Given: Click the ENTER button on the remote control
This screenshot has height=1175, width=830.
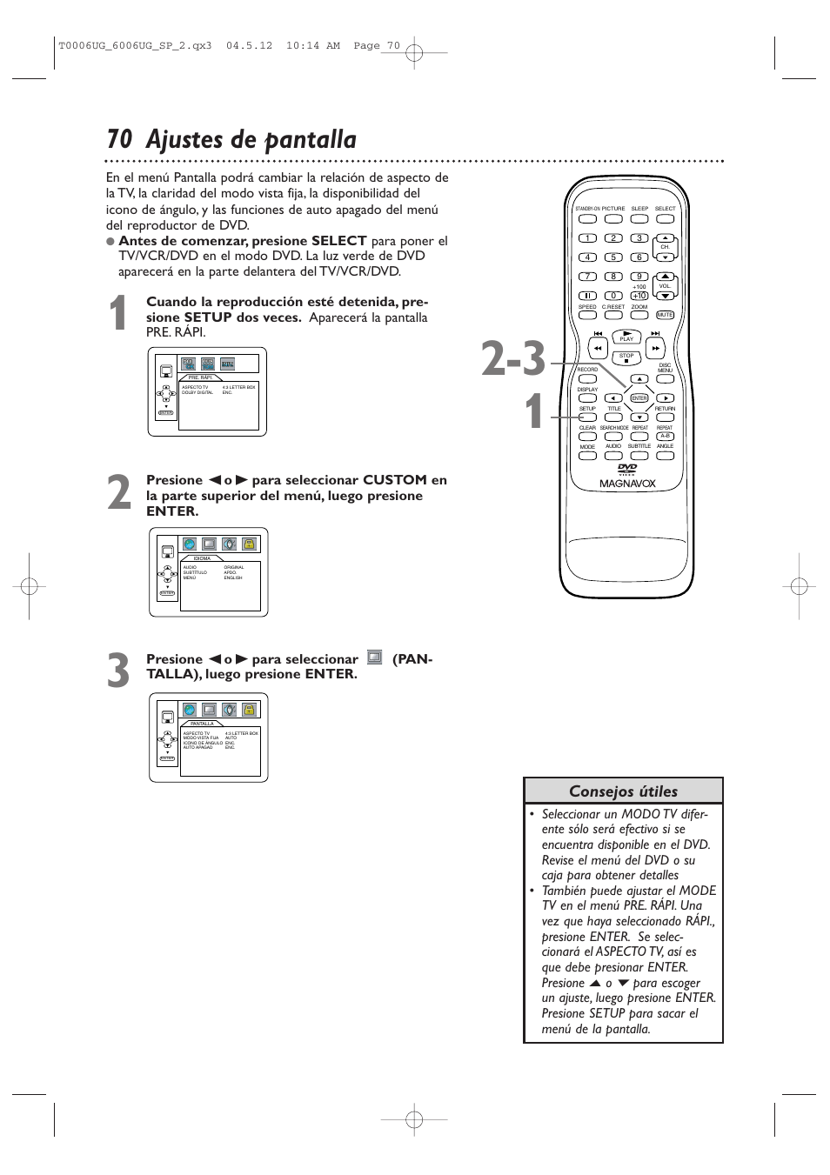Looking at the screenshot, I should pos(639,398).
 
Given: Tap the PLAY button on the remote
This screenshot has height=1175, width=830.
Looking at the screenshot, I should pos(626,336).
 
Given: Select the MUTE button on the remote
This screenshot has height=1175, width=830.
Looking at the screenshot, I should pos(665,315).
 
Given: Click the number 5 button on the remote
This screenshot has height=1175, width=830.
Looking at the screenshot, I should pos(613,257).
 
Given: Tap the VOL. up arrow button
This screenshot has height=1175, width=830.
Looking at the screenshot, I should pos(665,277).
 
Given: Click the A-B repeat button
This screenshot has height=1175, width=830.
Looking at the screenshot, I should pos(665,437).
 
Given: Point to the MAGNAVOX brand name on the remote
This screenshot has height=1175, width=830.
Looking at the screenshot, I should pos(627,484).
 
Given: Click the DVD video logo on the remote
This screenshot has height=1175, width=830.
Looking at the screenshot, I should pos(627,470).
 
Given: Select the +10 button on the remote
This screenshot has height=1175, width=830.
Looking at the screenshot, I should pos(639,296).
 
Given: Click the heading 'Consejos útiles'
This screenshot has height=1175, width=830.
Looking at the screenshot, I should pos(623,791).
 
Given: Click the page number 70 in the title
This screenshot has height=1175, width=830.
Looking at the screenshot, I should pos(119,140).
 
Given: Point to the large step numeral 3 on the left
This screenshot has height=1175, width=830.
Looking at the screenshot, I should pos(119,672).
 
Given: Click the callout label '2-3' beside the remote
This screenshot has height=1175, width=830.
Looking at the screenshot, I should pos(513,359).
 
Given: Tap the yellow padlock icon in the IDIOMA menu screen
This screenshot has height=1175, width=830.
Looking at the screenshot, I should pos(250,544).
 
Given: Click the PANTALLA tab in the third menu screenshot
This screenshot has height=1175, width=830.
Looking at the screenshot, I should pos(202,724).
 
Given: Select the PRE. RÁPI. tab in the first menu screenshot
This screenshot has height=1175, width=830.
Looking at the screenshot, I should pos(200,377).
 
